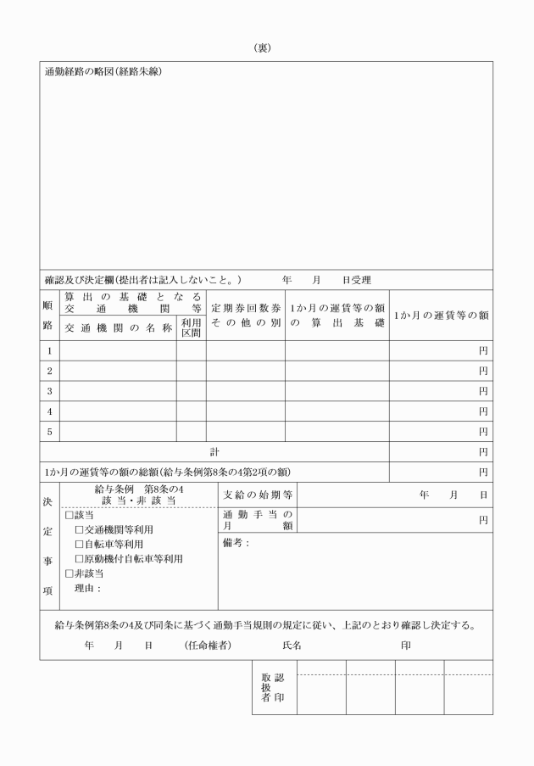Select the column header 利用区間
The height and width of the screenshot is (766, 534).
point(191,327)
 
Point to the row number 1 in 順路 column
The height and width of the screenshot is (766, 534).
point(49,349)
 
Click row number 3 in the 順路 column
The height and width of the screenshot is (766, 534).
point(49,391)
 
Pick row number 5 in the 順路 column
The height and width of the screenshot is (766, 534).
point(49,432)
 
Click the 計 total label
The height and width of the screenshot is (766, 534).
point(214,452)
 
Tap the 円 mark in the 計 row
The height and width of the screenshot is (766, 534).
point(483,452)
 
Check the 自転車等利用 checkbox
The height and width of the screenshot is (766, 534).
point(80,545)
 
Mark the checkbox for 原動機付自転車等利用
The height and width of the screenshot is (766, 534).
point(80,559)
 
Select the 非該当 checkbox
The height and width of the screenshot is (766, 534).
point(70,573)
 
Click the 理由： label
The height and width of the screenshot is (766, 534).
point(87,588)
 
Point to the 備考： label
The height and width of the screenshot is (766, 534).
point(236,543)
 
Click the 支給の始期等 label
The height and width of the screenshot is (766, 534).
point(258,495)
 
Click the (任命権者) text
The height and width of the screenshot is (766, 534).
point(208,646)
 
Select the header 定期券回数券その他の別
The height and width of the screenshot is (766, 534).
point(245,316)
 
